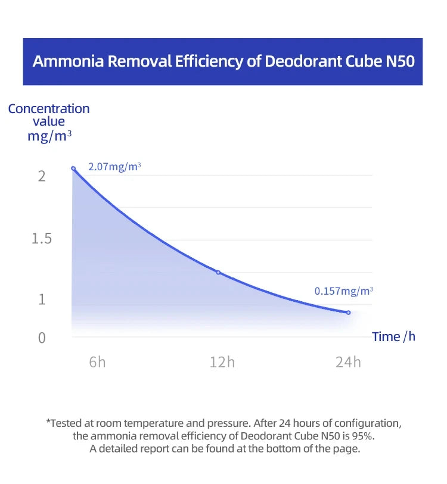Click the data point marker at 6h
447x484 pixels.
(x=73, y=168)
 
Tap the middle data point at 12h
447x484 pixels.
(x=218, y=272)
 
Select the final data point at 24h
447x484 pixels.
(x=348, y=312)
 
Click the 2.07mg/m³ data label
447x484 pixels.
(x=114, y=167)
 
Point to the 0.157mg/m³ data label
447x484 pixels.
(x=344, y=291)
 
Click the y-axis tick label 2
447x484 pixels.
(x=42, y=177)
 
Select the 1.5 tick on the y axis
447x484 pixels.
(x=42, y=239)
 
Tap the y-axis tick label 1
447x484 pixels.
(x=42, y=299)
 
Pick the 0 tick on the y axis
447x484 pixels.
(x=42, y=338)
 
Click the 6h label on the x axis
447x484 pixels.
(x=97, y=362)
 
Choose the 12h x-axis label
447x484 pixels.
(x=222, y=362)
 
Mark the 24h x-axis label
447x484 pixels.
(x=348, y=362)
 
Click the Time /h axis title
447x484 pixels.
(x=393, y=336)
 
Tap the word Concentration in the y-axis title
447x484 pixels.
(x=49, y=109)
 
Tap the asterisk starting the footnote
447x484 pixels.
(x=48, y=422)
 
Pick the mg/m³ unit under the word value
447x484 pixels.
(x=49, y=136)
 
